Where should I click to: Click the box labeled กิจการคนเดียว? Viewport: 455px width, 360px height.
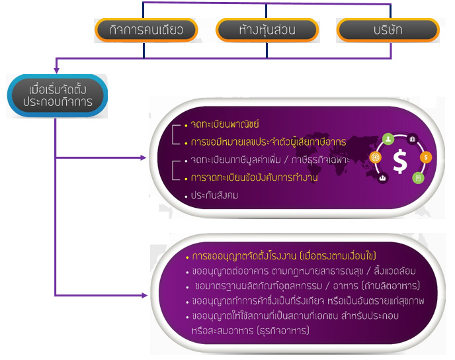click(x=145, y=30)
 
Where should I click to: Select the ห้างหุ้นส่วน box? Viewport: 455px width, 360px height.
click(x=267, y=30)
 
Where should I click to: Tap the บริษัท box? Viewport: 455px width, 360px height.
click(x=388, y=30)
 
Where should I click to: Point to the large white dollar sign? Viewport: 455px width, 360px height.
click(x=399, y=161)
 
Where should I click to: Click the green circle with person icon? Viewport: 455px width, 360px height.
click(x=388, y=139)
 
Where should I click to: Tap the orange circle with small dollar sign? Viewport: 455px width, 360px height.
click(x=427, y=157)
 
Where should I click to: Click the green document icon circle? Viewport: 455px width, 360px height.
click(x=417, y=177)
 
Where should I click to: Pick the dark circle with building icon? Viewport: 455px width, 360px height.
click(x=413, y=139)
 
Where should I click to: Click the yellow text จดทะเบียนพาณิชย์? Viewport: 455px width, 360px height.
click(x=224, y=124)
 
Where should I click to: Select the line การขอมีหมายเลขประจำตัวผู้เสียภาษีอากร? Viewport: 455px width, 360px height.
click(x=267, y=142)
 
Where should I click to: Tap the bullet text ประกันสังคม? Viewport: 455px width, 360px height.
click(x=214, y=195)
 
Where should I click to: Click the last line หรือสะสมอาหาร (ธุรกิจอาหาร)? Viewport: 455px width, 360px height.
click(x=257, y=330)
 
